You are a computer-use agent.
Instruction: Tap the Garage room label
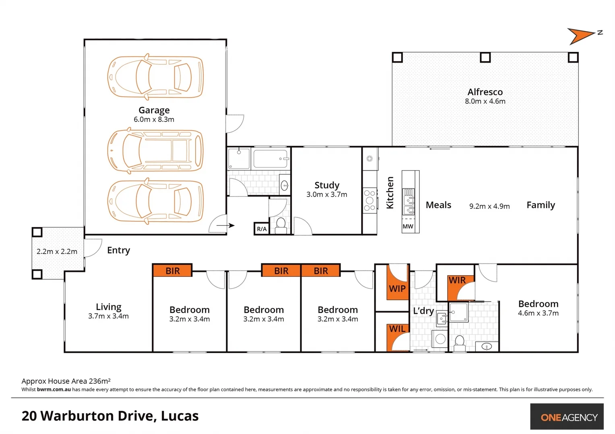point(154,110)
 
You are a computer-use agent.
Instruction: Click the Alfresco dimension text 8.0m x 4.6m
point(485,101)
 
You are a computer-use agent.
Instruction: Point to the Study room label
point(327,185)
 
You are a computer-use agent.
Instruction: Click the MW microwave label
point(408,227)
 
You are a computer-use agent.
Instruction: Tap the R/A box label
point(262,229)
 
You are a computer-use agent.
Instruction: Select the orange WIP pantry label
point(397,289)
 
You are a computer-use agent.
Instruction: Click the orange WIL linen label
point(397,329)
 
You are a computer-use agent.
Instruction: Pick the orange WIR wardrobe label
point(457,280)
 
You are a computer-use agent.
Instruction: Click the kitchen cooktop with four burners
point(369,201)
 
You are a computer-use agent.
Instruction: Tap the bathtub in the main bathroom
point(270,159)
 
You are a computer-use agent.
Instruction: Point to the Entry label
point(118,250)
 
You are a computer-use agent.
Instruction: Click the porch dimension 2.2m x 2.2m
point(57,252)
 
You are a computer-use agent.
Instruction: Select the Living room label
point(108,307)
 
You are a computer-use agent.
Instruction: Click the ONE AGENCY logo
point(569,417)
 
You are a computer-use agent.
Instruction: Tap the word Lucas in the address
point(180,416)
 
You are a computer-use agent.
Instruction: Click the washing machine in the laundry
point(440,339)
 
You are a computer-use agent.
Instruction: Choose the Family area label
point(541,205)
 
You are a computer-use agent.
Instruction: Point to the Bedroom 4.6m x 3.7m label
point(538,304)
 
